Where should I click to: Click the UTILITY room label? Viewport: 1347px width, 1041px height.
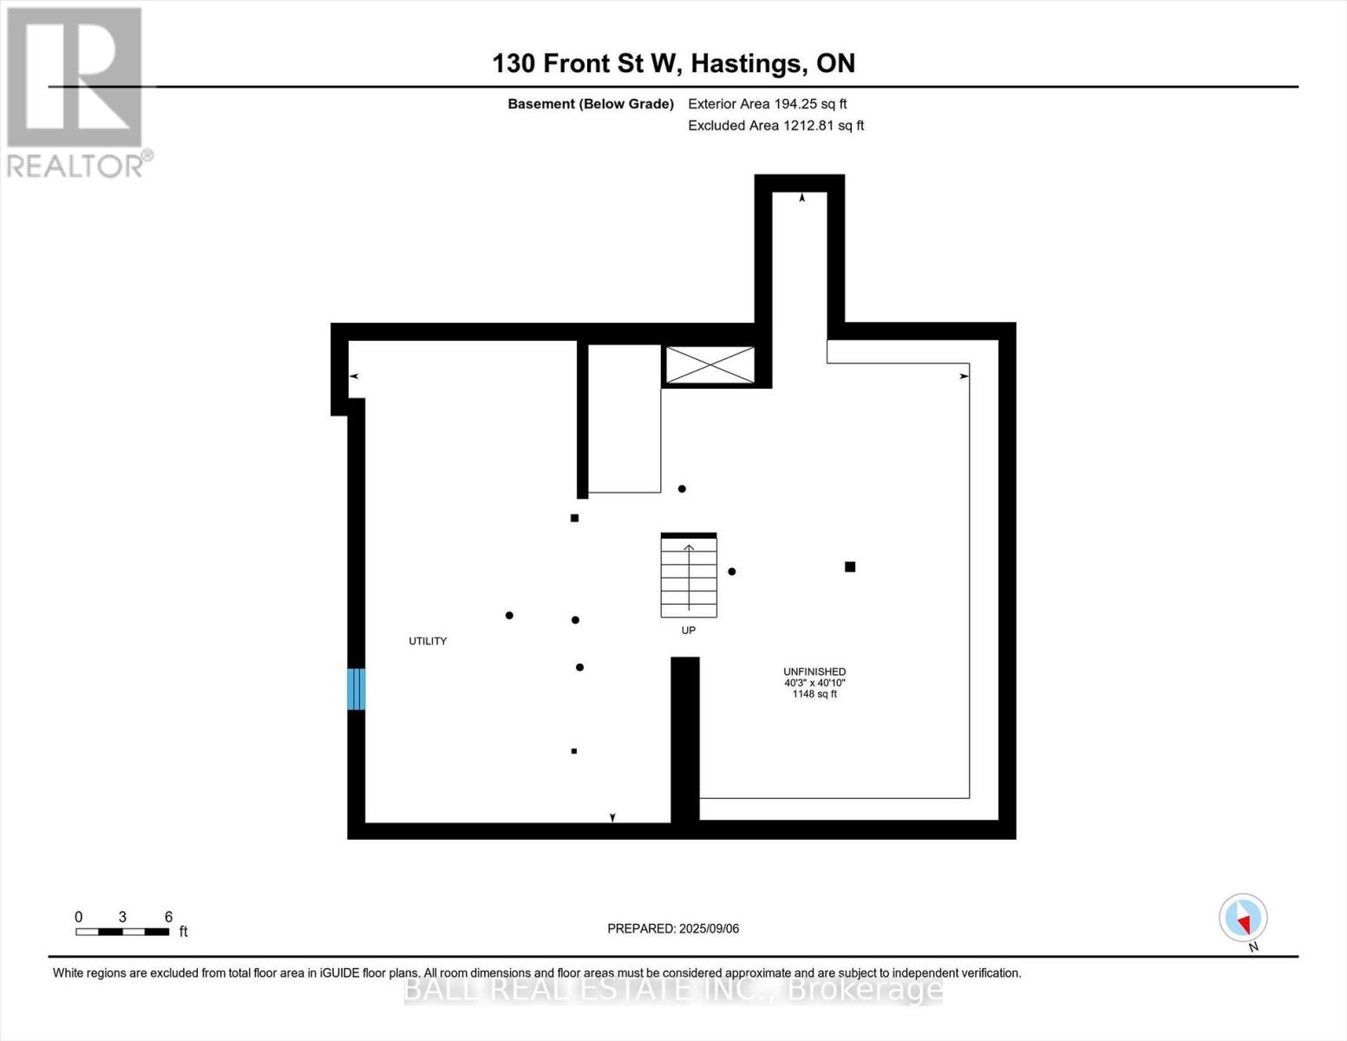tap(428, 641)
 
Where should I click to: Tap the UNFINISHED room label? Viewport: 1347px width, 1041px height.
tap(814, 671)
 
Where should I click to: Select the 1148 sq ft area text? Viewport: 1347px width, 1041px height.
tap(814, 694)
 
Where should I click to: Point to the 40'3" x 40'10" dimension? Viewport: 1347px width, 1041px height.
tap(814, 683)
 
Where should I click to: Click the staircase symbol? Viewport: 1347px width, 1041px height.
tap(689, 575)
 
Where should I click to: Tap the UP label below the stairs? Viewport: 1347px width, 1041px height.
tap(688, 631)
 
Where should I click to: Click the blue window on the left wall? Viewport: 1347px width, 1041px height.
tap(356, 689)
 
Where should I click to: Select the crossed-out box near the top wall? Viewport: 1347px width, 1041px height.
tap(709, 364)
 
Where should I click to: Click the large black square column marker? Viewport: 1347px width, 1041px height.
tap(850, 566)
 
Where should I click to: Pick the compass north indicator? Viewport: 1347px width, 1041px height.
tap(1244, 919)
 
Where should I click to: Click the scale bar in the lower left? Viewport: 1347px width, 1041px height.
tap(122, 932)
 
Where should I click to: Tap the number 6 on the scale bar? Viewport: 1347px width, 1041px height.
tap(168, 917)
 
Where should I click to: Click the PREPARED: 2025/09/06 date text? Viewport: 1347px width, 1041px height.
tap(673, 928)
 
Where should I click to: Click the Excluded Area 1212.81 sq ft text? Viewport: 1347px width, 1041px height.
tap(775, 126)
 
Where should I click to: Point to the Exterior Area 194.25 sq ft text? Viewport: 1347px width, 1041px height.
tap(767, 104)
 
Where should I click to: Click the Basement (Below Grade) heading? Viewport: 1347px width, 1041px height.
tap(591, 104)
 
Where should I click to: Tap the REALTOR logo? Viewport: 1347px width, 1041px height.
tap(76, 91)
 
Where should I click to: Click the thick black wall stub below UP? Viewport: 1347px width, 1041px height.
tap(685, 737)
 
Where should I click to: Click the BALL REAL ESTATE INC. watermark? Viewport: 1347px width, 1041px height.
tap(673, 989)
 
